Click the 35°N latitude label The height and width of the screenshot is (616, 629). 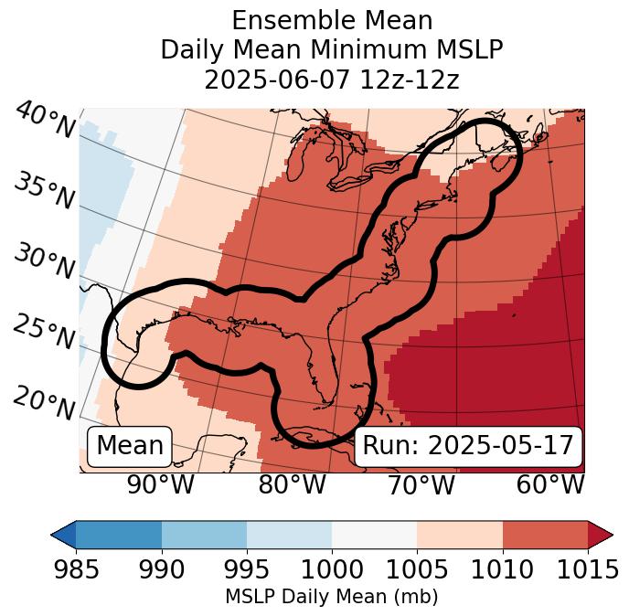click(43, 190)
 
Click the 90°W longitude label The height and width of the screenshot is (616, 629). click(160, 484)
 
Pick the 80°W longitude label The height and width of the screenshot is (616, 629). click(292, 484)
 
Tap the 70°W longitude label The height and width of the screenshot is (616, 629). click(421, 484)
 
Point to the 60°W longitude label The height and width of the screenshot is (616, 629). click(550, 484)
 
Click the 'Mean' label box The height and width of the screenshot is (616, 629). click(130, 446)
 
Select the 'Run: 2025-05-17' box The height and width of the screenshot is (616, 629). click(468, 446)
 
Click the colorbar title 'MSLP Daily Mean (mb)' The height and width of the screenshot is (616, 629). click(331, 597)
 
